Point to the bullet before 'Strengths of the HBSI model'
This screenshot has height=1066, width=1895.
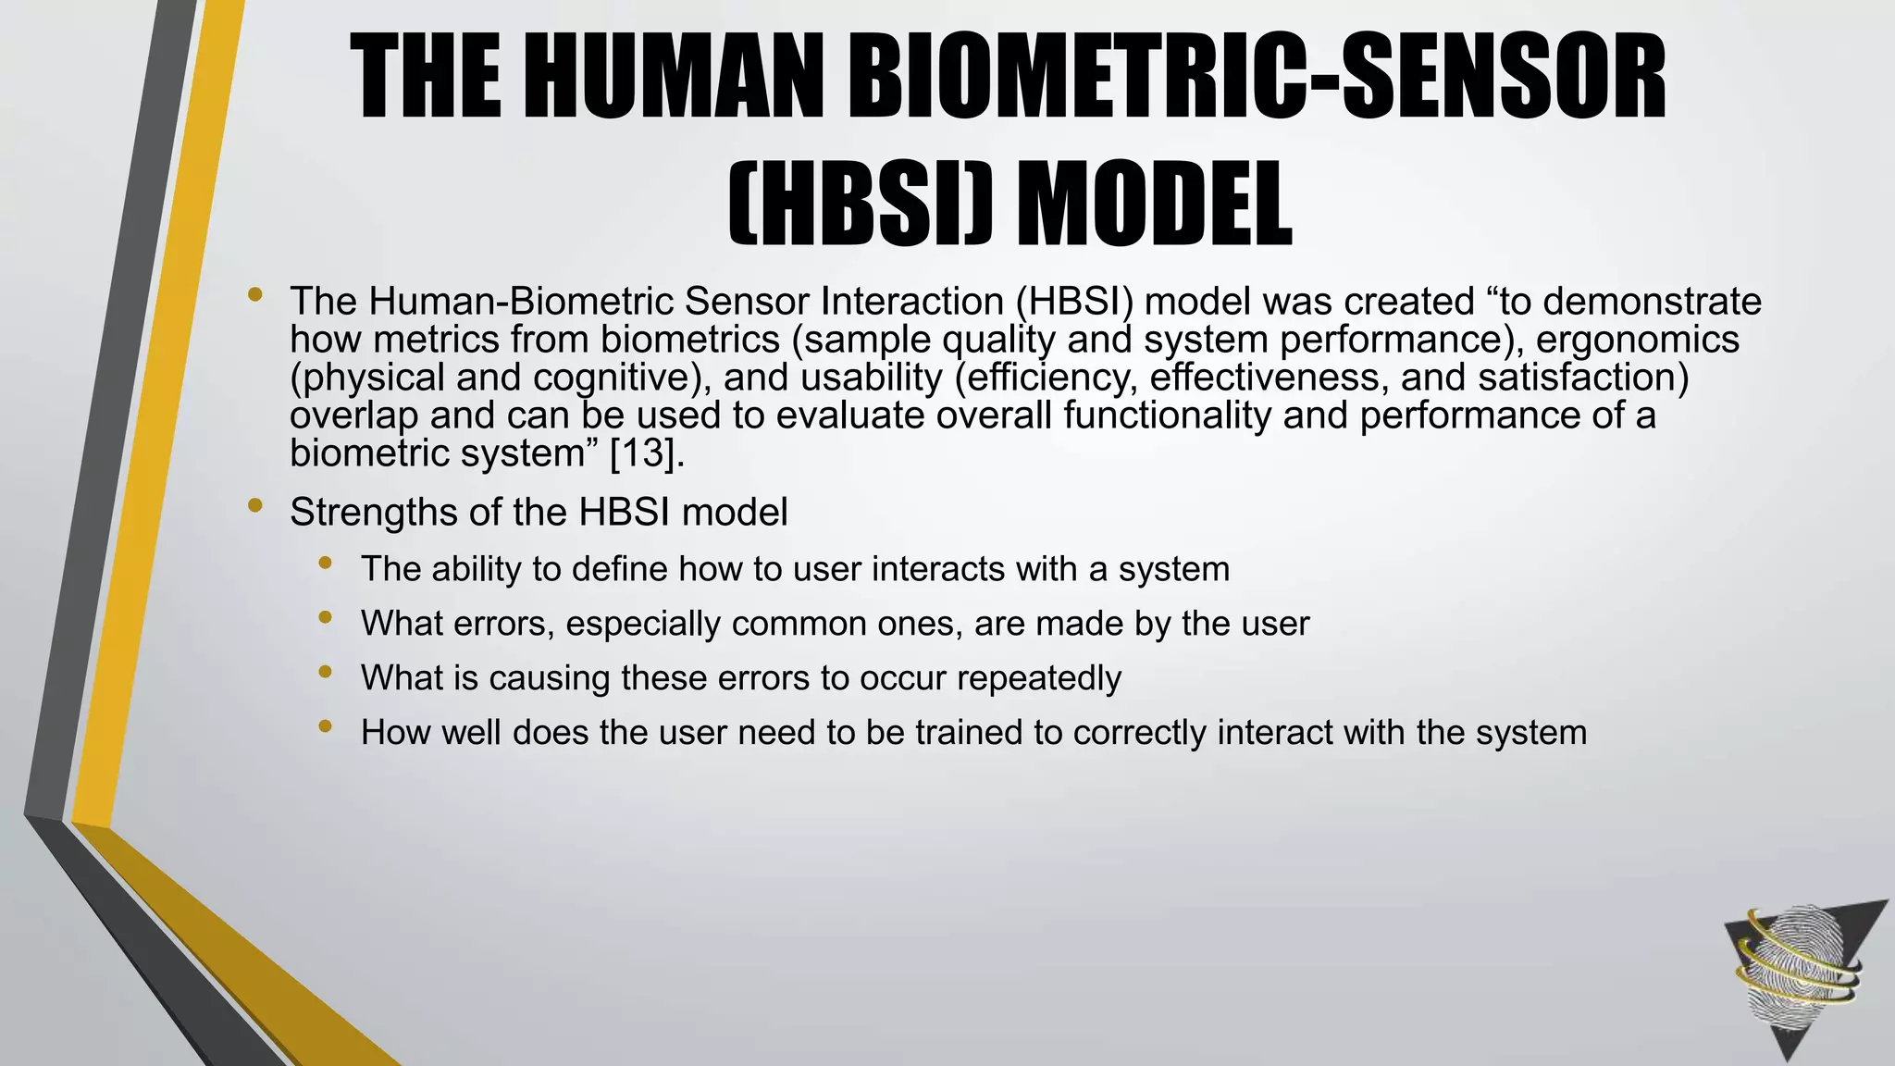click(255, 506)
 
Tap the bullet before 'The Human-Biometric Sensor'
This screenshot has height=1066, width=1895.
click(255, 296)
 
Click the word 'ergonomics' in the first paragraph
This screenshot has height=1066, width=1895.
click(1637, 340)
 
